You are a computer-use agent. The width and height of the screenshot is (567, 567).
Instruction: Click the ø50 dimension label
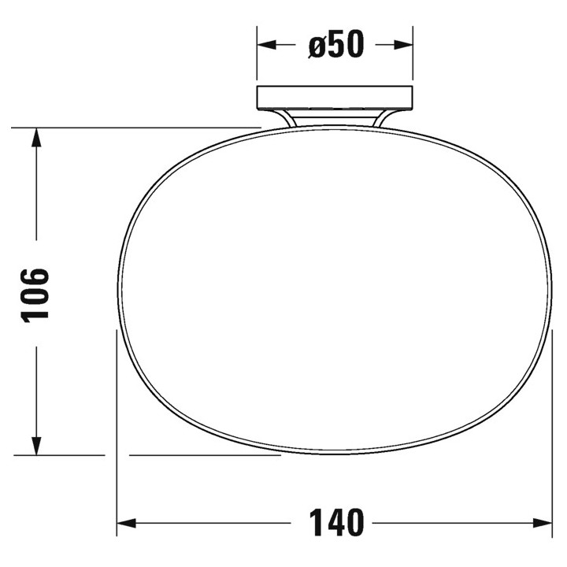335,44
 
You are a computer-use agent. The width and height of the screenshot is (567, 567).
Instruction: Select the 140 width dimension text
336,523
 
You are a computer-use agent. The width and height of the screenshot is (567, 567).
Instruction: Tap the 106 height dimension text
35,295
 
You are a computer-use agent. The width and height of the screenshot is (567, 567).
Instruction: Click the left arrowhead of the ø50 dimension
266,45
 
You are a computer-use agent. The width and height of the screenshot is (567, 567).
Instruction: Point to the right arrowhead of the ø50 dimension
403,45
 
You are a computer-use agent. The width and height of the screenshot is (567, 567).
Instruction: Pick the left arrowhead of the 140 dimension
126,523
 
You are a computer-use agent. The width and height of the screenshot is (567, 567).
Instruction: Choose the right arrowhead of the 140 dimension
543,523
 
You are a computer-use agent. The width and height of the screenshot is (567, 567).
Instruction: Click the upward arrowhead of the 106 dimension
36,137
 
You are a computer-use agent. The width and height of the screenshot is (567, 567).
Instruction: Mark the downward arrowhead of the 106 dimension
36,446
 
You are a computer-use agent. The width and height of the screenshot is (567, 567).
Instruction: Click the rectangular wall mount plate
335,98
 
